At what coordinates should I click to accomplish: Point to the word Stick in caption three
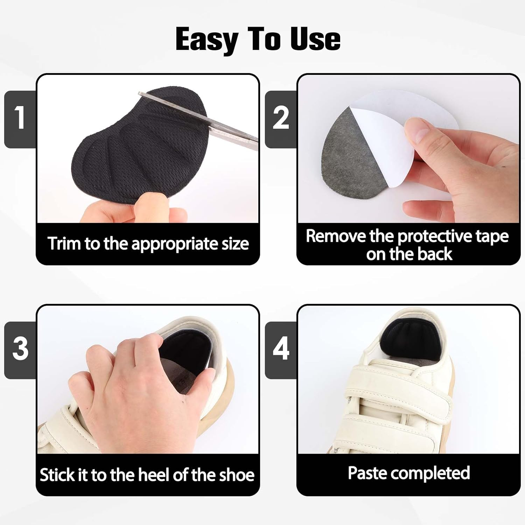click(56, 475)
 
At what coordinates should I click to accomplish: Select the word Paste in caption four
click(367, 473)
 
